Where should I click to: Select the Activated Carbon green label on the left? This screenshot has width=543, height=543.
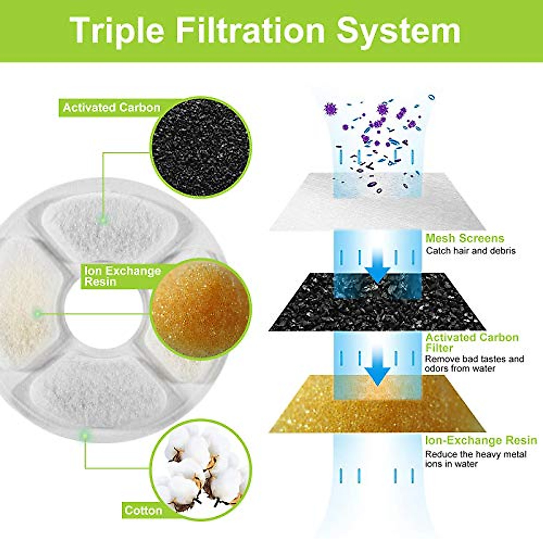click(111, 108)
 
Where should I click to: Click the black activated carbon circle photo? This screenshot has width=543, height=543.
click(200, 146)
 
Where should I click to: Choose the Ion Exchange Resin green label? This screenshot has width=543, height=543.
click(122, 276)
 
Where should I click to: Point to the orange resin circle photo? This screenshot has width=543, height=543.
click(200, 309)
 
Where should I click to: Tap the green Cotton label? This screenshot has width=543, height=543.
click(143, 510)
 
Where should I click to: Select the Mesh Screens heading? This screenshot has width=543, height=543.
click(465, 238)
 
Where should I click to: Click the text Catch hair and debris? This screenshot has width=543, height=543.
click(471, 251)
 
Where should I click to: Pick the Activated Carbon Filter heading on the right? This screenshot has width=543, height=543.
click(472, 343)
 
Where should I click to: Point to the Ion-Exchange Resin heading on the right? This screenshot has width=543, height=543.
click(481, 440)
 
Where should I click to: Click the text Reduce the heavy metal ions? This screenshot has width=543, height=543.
click(475, 459)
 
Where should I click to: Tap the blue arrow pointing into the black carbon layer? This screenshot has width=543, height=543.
click(377, 271)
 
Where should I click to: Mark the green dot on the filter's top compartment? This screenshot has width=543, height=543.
click(104, 220)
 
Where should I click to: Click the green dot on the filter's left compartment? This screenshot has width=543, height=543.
click(38, 313)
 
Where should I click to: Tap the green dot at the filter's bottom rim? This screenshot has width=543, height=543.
click(84, 435)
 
